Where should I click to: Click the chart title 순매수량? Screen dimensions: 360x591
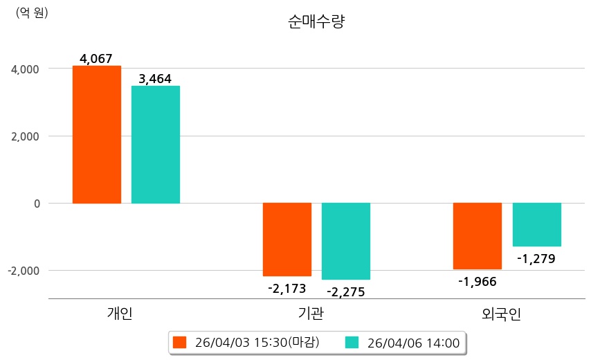coord(316,21)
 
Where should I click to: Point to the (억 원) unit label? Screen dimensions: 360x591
coord(32,12)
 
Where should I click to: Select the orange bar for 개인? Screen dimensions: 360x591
coord(97,134)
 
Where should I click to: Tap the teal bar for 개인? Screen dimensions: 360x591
coord(156,144)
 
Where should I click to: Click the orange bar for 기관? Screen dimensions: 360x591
coord(287,239)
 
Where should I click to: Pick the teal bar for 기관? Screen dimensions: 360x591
coord(346,241)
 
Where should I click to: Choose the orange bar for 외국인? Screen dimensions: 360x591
coord(478,235)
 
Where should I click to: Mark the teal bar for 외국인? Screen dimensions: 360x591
coord(537,224)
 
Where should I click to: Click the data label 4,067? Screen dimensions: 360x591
coord(96,59)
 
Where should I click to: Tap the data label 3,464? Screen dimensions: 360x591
coord(155,79)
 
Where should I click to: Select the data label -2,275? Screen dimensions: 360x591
coord(345,291)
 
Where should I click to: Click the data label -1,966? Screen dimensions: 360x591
coord(478,281)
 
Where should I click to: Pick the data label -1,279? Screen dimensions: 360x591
coord(536,260)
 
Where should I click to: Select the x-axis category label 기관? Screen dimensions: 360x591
coord(311,314)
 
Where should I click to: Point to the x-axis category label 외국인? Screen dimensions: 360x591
coord(502,314)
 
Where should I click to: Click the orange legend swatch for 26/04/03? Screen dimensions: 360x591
coord(181,343)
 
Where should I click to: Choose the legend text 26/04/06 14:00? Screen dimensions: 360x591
coord(413,343)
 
